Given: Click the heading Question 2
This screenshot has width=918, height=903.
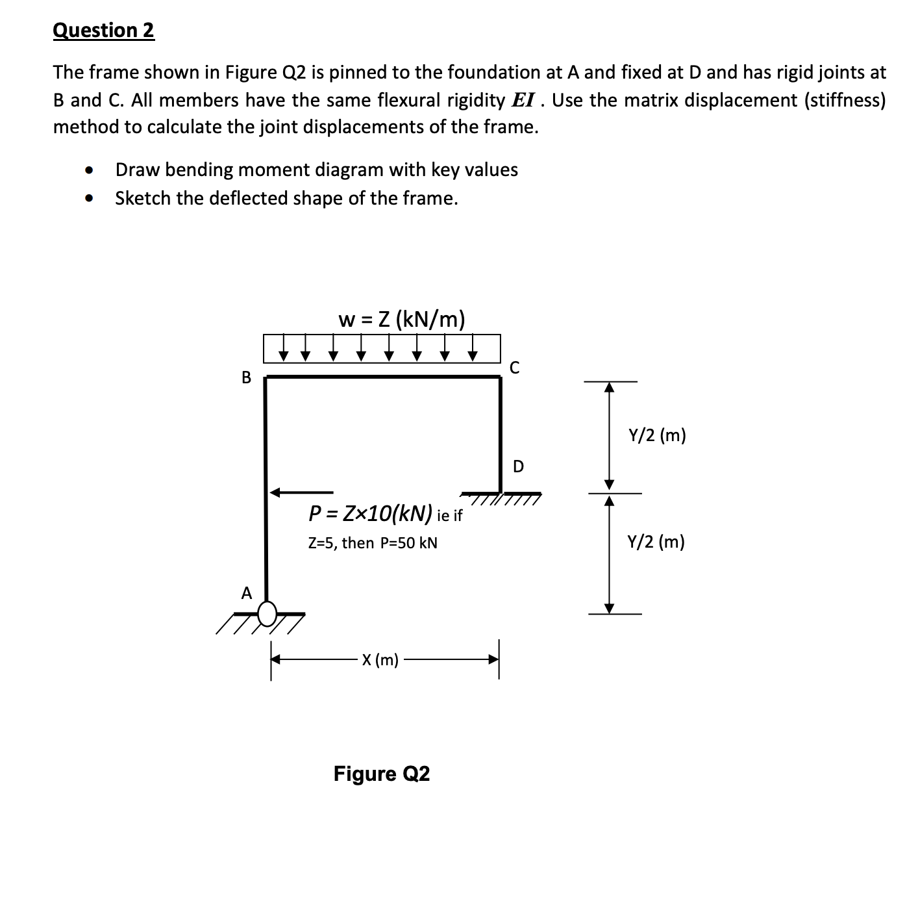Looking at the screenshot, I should (104, 31).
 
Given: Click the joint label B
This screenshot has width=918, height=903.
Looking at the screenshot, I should (246, 377).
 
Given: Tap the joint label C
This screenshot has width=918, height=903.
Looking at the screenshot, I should (514, 368).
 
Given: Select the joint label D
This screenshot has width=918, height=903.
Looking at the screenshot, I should (518, 466).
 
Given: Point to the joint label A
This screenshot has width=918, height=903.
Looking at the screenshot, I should (246, 593).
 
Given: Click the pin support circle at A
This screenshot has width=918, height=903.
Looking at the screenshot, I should (267, 612).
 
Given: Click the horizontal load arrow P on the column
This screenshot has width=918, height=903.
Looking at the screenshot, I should (302, 492).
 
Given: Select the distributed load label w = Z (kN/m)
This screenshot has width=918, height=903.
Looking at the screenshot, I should (402, 319).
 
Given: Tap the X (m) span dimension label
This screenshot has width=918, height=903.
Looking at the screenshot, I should (380, 660).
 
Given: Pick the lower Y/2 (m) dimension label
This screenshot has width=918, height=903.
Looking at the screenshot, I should (656, 541).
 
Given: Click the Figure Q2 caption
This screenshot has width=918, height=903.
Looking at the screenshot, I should (382, 774).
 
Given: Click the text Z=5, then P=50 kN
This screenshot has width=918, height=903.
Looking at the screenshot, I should (373, 542).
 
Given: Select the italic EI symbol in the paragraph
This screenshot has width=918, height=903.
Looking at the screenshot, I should (524, 100).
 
